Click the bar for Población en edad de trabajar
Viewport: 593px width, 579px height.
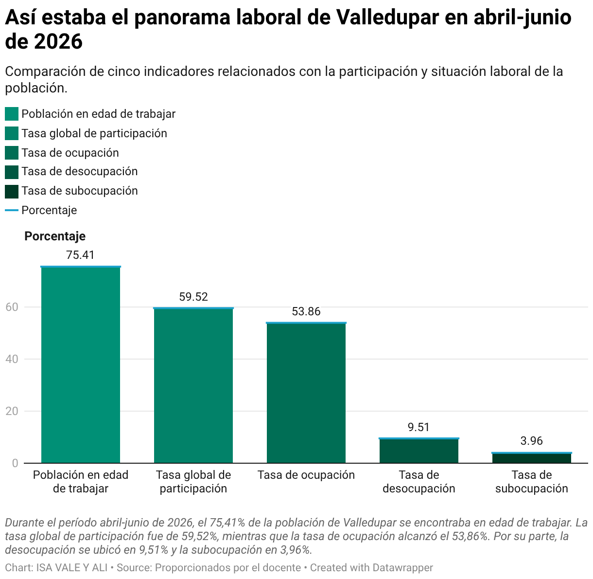(x=81, y=364)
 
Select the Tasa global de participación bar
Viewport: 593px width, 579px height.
(x=193, y=385)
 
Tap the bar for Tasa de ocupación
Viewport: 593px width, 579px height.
(x=306, y=393)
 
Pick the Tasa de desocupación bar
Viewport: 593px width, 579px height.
(x=419, y=451)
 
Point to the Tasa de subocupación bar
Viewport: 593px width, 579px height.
(x=532, y=458)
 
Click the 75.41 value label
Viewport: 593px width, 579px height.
(x=81, y=255)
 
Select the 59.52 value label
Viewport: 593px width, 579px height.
(x=193, y=297)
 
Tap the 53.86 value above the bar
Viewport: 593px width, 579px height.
(x=306, y=311)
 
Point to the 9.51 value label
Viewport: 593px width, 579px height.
(x=419, y=427)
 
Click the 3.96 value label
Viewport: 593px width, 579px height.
(x=532, y=441)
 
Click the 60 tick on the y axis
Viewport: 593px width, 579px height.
(x=12, y=307)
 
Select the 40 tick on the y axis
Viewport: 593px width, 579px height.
(x=12, y=359)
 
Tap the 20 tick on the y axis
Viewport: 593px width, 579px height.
(x=12, y=411)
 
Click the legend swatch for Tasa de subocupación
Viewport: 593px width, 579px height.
(x=12, y=192)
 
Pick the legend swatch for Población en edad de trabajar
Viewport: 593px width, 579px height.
(x=12, y=114)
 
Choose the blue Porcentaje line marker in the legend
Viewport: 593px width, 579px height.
(x=12, y=210)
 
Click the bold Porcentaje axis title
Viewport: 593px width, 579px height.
(x=55, y=236)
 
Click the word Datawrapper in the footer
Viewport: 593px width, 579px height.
(x=402, y=568)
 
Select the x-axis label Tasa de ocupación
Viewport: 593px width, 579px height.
(x=306, y=475)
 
